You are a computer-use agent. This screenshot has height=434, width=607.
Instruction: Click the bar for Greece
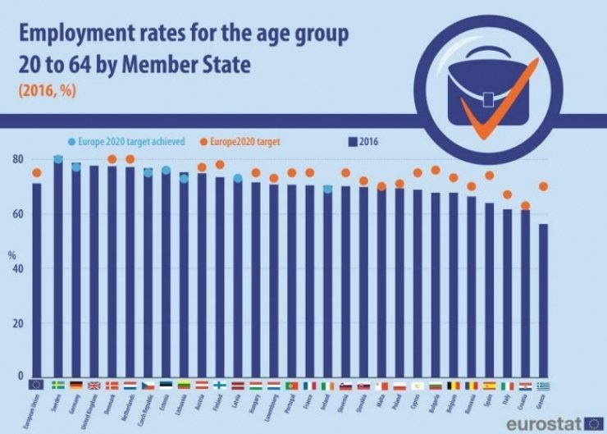[x=543, y=300]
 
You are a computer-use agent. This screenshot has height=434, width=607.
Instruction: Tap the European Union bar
[x=36, y=280]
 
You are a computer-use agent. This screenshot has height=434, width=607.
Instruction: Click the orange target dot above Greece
[x=543, y=186]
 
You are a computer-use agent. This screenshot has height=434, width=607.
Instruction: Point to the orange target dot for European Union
[x=36, y=173]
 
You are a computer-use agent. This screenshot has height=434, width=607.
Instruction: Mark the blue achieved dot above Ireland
[x=327, y=189]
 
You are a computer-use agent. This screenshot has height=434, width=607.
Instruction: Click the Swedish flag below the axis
[x=57, y=384]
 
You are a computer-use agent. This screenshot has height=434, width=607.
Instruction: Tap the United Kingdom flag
[x=94, y=384]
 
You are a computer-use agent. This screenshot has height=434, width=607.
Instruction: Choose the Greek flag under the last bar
[x=543, y=384]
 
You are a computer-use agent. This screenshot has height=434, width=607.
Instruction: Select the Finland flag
[x=220, y=384]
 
